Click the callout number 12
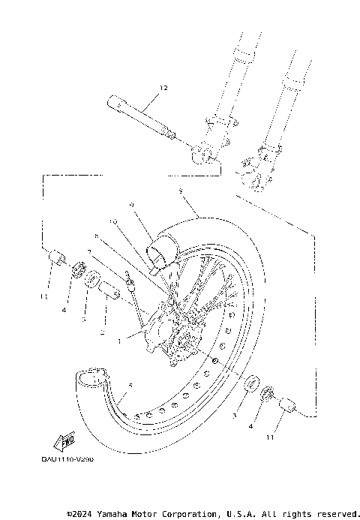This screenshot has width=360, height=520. [x=163, y=88]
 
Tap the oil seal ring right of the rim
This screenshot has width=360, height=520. [x=250, y=386]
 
